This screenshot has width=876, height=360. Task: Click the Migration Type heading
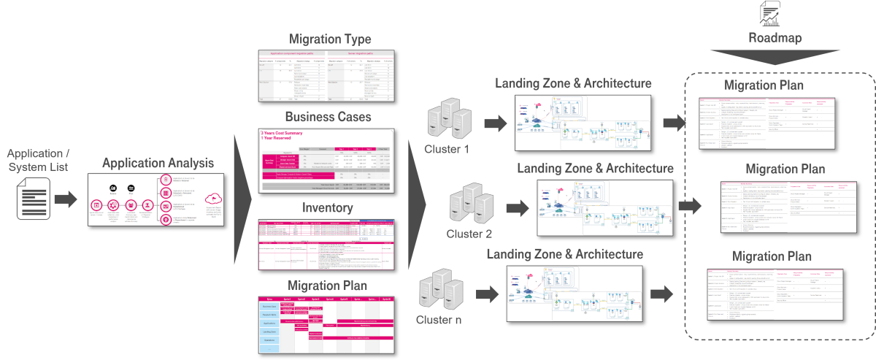click(330, 39)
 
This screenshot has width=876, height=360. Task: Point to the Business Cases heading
click(328, 117)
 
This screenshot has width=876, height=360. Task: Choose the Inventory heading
click(328, 208)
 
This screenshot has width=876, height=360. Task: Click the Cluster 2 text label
click(470, 234)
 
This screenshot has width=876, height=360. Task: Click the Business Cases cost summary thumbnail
click(327, 161)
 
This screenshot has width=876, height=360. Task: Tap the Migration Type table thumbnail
click(327, 76)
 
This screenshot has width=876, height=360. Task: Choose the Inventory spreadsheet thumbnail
click(327, 244)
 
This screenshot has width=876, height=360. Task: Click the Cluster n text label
click(439, 320)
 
